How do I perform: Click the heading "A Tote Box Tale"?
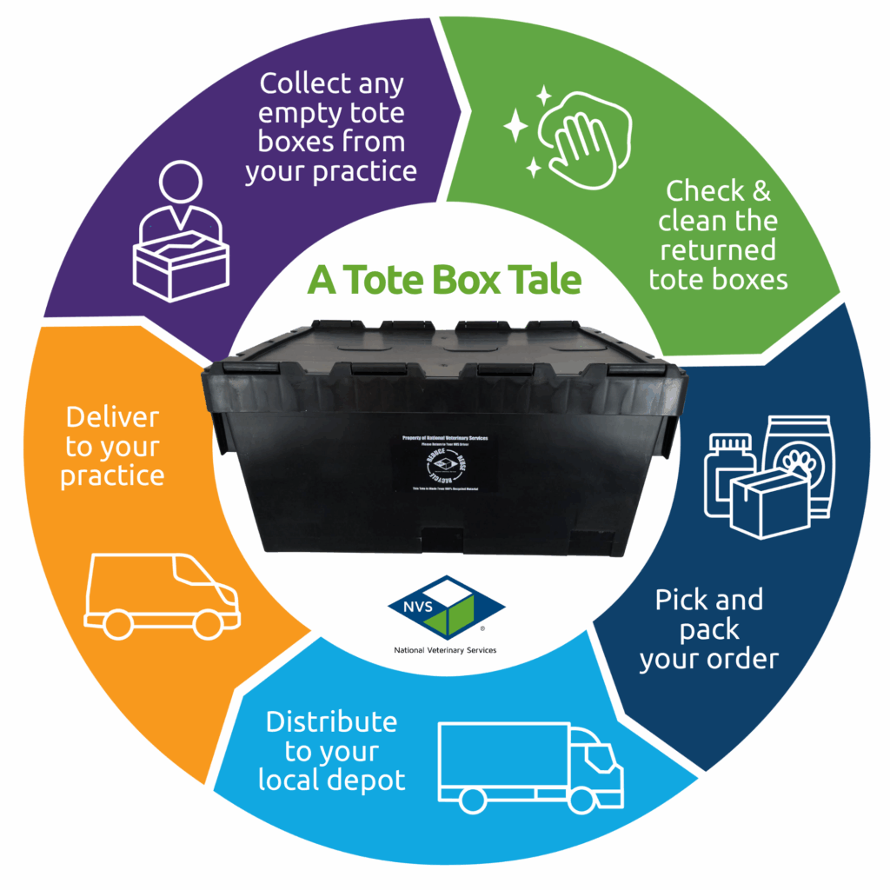click(445, 281)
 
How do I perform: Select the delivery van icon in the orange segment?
click(163, 594)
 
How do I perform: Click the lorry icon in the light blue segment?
click(531, 766)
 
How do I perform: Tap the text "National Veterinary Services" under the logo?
click(445, 649)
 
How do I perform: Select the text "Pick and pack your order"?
click(709, 629)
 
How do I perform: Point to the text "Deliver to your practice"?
click(113, 447)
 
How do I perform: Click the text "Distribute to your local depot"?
click(332, 750)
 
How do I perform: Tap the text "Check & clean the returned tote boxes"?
click(718, 235)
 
